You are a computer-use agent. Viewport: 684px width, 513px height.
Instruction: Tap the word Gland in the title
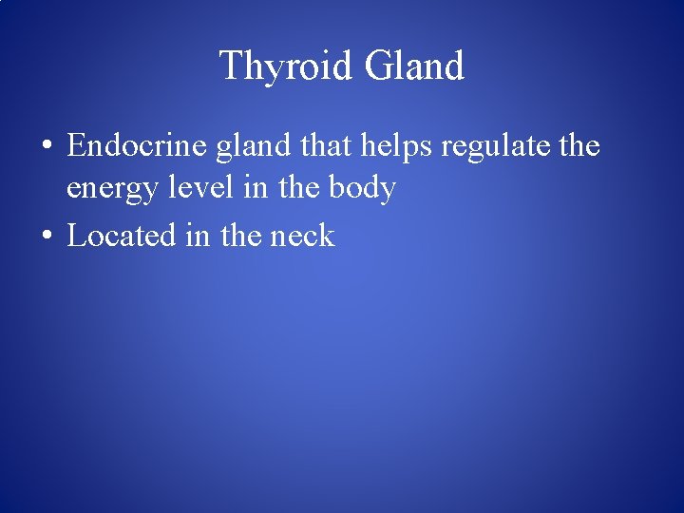[x=414, y=66]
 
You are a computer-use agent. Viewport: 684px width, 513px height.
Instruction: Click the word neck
[x=303, y=235]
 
